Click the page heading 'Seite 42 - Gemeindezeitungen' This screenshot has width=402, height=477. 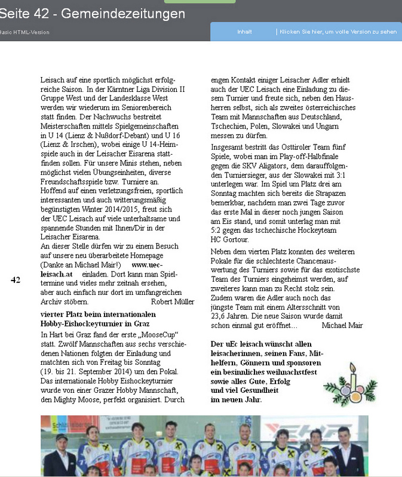pyautogui.click(x=93, y=13)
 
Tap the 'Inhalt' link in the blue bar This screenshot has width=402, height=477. pyautogui.click(x=244, y=32)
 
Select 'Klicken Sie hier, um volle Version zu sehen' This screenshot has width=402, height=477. pyautogui.click(x=338, y=32)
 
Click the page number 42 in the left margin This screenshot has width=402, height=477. pyautogui.click(x=16, y=279)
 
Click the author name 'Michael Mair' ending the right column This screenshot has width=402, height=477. pyautogui.click(x=342, y=325)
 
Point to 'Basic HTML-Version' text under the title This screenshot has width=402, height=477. pyautogui.click(x=25, y=32)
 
